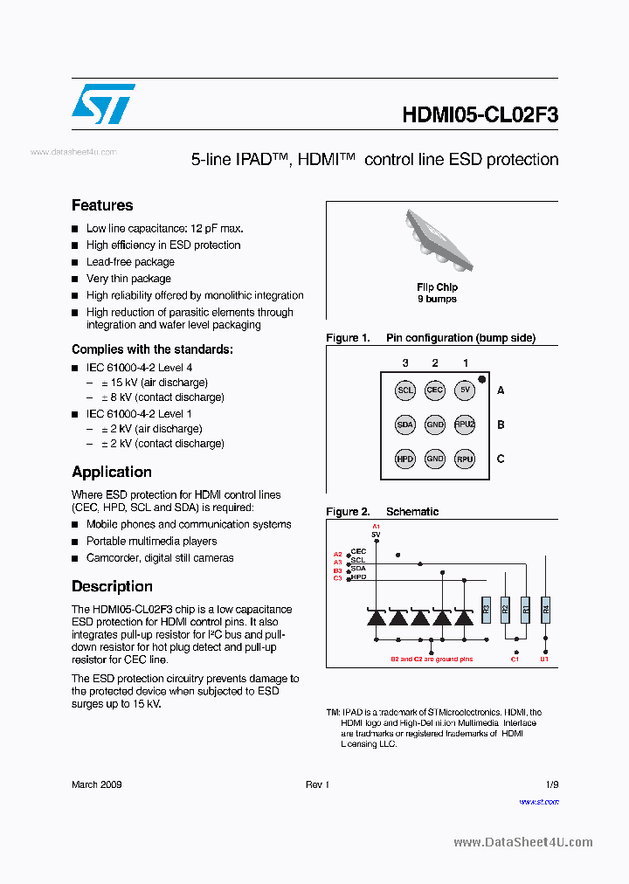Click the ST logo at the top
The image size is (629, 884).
(x=103, y=104)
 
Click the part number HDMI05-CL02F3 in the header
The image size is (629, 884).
(x=480, y=115)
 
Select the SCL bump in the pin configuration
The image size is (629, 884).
(x=405, y=390)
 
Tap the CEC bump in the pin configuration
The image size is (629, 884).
(x=435, y=390)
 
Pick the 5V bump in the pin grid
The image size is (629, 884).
(x=464, y=390)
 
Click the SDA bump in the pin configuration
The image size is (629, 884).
(x=405, y=425)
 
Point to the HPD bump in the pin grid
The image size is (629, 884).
(x=405, y=459)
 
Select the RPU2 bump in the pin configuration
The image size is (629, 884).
(x=464, y=425)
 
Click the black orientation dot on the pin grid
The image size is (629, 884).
(x=481, y=379)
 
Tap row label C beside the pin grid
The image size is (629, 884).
(x=501, y=459)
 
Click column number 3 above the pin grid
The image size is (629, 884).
(x=405, y=363)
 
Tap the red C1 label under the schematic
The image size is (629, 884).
(x=515, y=660)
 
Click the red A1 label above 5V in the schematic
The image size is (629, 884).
(x=377, y=527)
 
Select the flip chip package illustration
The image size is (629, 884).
(x=437, y=240)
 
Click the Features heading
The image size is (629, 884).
(x=102, y=205)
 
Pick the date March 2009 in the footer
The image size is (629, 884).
(x=96, y=784)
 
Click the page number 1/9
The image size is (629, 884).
(x=551, y=784)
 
